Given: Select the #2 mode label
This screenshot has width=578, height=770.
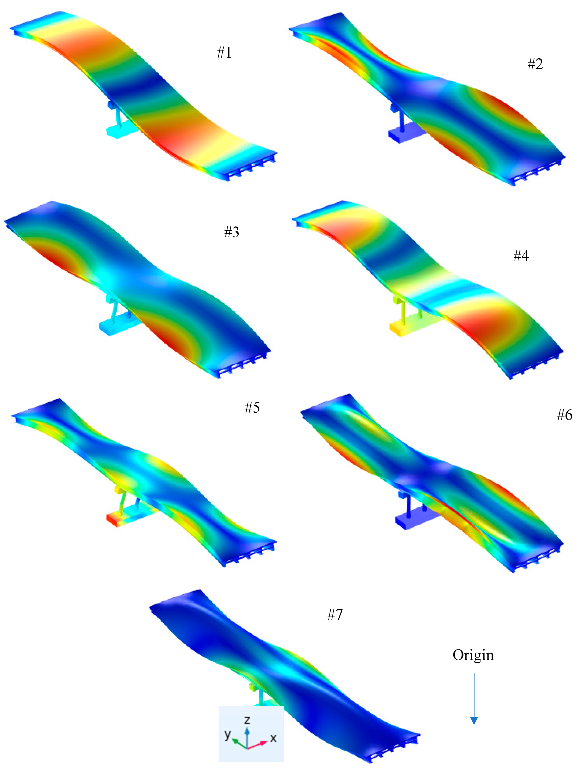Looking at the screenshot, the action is coord(535,64).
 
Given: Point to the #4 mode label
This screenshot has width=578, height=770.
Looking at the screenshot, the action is coord(521,256).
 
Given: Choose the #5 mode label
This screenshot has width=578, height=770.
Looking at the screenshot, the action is coord(252,407).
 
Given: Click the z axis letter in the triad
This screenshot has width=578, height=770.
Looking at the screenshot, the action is coord(247,720).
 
